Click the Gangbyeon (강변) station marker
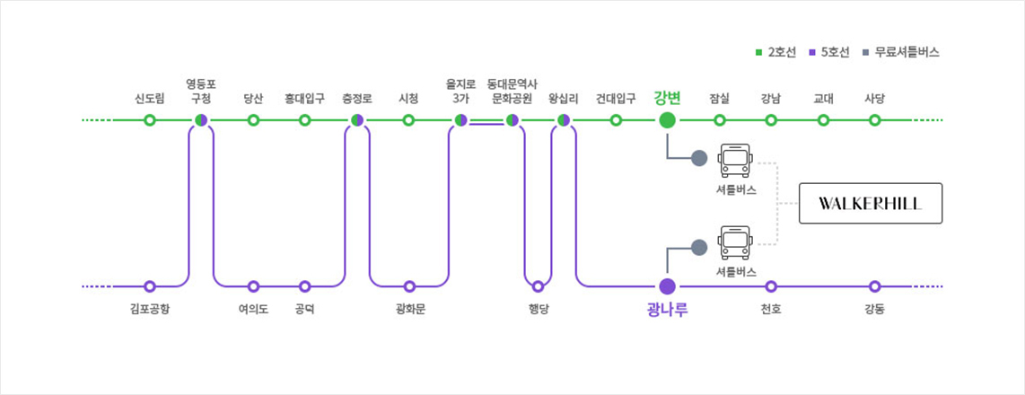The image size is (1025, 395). coord(667,119)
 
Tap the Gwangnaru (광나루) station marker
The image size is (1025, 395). coord(667,286)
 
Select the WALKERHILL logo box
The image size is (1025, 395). coord(870,203)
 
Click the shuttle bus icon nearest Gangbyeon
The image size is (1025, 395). coord(735,161)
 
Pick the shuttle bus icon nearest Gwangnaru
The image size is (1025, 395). coord(735,242)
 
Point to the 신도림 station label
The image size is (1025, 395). coord(149,98)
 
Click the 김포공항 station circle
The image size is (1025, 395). coord(150,286)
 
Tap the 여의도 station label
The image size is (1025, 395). coord(253,310)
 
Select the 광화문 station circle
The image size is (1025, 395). coord(409,286)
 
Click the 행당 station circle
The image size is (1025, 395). coord(538,286)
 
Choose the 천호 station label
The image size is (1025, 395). coord(770,310)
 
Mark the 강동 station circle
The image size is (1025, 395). coord(875,286)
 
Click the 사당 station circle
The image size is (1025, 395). coord(875,119)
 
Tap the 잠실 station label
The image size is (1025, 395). coord(719,98)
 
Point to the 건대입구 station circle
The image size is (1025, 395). coord(616,119)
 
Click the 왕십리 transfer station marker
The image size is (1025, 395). coord(564,119)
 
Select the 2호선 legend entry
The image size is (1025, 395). coord(776,52)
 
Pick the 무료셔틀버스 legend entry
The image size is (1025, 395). coord(900,52)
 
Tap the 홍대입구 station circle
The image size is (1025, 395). coord(305,119)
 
